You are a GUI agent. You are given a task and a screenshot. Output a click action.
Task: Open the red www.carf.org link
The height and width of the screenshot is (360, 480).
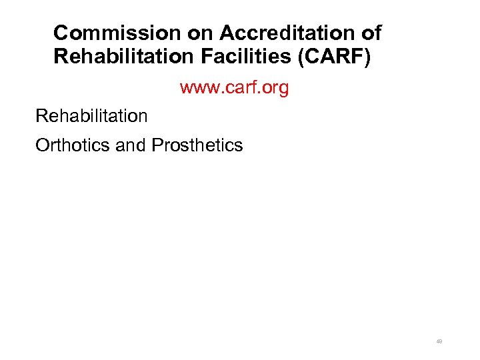point(234,88)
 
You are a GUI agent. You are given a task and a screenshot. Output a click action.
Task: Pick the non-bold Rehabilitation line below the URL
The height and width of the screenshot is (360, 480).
point(91,116)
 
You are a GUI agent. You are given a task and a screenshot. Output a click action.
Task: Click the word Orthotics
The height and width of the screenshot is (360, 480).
point(73,145)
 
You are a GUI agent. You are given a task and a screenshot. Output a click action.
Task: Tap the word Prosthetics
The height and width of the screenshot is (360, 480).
point(197,145)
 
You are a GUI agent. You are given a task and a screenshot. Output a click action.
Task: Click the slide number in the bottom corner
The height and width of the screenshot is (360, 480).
point(439,341)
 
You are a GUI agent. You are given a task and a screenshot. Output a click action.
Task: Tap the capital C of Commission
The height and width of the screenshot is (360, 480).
point(61,33)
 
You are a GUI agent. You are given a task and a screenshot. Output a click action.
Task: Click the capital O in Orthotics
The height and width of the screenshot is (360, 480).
point(42,145)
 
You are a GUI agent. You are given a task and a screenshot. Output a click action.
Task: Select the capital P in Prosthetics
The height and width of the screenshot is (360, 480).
point(157,145)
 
